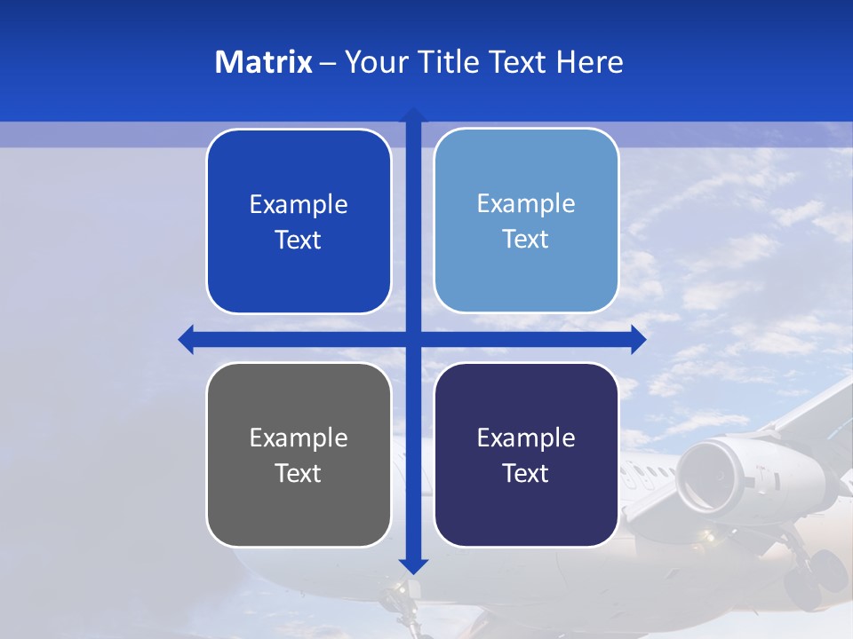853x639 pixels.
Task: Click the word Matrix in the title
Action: (263, 62)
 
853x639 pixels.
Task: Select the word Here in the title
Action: (589, 62)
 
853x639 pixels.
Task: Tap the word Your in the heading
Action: (376, 62)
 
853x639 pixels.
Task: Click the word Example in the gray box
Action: (299, 438)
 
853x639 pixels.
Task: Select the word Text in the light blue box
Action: (526, 239)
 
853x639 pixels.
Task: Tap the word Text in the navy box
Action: (526, 473)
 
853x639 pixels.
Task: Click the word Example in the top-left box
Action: (299, 204)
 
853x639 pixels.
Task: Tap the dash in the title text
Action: (328, 63)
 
